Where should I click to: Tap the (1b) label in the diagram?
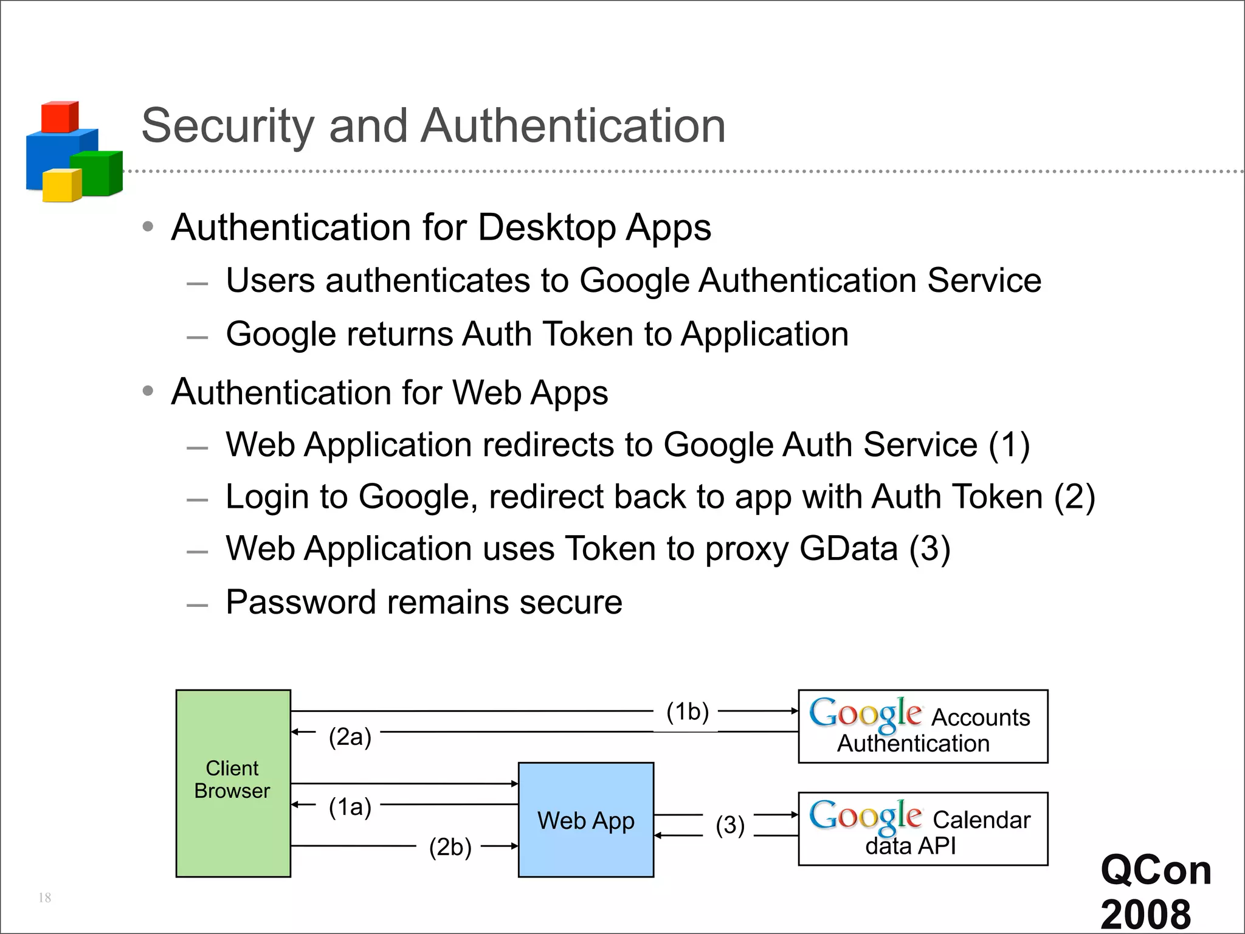click(x=688, y=711)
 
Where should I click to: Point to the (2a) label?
click(x=350, y=737)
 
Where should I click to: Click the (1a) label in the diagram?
click(x=350, y=807)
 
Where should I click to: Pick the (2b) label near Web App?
click(x=450, y=846)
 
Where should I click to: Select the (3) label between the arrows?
click(x=729, y=825)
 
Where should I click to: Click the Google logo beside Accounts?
click(x=865, y=714)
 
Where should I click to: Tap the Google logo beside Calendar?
click(x=865, y=817)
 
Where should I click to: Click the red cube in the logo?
click(x=59, y=117)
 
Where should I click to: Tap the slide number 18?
click(x=44, y=898)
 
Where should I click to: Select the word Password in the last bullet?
click(x=301, y=602)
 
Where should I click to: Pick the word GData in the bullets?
click(x=848, y=548)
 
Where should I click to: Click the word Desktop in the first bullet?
click(x=547, y=227)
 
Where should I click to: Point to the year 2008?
click(x=1145, y=914)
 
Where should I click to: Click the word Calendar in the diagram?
click(x=981, y=820)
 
